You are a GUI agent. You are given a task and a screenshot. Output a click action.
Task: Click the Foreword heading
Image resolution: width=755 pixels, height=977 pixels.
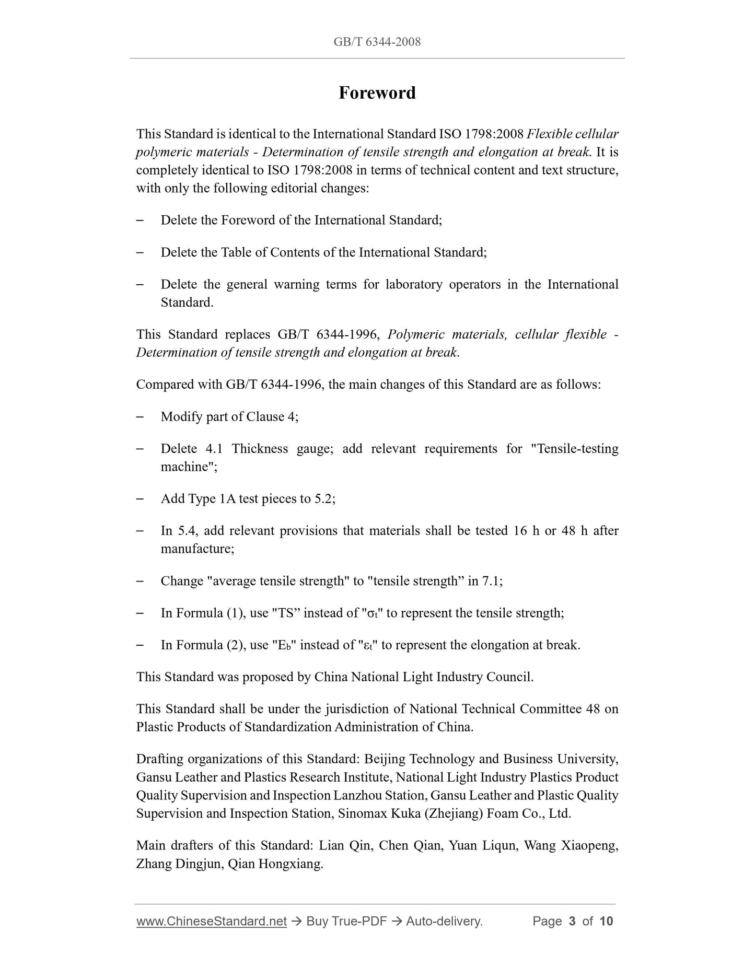377,92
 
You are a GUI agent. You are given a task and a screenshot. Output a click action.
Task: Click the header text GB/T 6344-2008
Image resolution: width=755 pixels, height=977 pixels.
377,42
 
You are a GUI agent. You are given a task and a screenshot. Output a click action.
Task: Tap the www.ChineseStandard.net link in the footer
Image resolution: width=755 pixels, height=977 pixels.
212,921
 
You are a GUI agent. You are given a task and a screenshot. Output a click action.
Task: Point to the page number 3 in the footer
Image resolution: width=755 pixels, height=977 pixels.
572,921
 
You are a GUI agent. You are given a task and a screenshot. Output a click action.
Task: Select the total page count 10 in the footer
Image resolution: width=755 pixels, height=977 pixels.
606,921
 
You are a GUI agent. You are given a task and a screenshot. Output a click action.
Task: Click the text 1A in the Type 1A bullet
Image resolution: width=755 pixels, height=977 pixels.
227,499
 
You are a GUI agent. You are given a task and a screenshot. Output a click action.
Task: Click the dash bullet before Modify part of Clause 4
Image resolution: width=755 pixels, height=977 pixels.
140,417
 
